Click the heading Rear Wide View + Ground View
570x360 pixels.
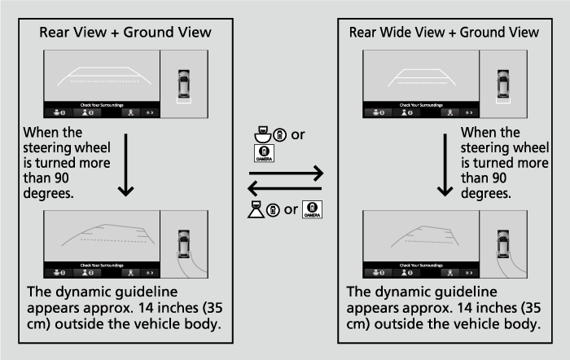444,33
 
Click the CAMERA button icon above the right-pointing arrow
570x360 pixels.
265,152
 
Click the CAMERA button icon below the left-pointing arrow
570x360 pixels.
313,209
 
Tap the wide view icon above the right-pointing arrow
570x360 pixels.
261,134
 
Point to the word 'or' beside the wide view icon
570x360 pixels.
297,134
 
